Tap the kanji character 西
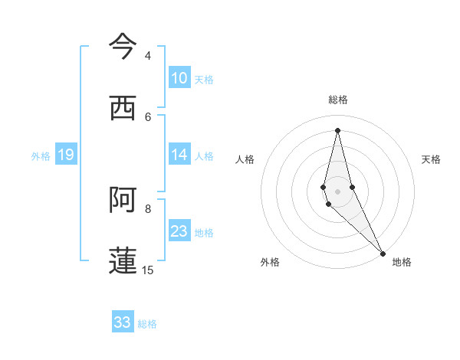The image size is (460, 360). (123, 108)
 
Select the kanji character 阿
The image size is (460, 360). (123, 200)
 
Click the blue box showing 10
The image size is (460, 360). (179, 78)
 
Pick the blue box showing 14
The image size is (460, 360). (179, 155)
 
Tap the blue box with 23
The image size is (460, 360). (179, 231)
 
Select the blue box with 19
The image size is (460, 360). (66, 155)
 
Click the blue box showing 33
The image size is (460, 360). (123, 322)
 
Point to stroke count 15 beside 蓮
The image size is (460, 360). (147, 270)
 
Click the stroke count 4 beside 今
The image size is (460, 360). (147, 56)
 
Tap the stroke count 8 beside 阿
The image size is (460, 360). (147, 208)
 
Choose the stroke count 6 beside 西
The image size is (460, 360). (147, 116)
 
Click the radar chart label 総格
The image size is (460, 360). (338, 100)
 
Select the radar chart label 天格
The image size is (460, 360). (431, 159)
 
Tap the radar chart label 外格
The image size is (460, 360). (270, 262)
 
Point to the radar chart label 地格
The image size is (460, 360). (402, 262)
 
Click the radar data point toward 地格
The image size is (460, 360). (383, 253)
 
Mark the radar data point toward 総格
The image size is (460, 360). (338, 130)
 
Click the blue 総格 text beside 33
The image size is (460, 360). (147, 324)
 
